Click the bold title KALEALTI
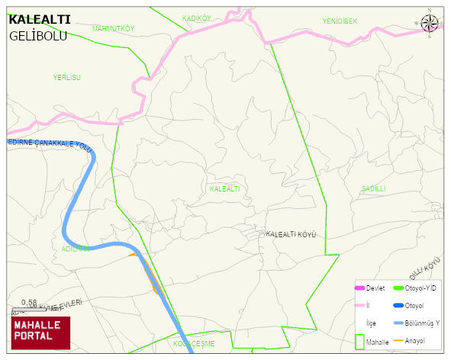pos(40,20)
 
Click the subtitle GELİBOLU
pos(38,36)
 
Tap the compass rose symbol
pos(430,23)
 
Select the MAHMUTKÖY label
pos(113,29)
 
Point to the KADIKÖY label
pos(197,18)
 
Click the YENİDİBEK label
pos(340,21)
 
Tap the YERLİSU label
pos(66,78)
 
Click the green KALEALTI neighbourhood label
pos(224,188)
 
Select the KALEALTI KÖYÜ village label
pos(291,234)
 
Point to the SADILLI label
pos(374,188)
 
